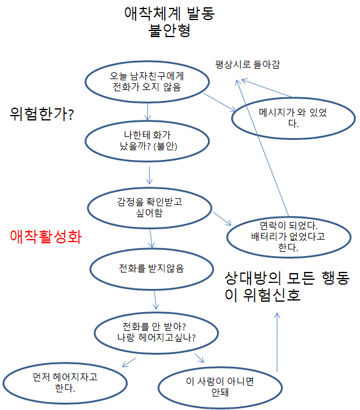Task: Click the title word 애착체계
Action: (x=153, y=13)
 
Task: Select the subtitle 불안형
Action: (x=169, y=30)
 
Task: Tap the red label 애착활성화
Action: (x=46, y=237)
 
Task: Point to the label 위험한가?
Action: (x=42, y=114)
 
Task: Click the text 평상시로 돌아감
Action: (x=247, y=64)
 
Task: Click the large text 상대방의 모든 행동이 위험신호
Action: (x=287, y=286)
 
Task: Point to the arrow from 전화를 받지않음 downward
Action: (x=155, y=300)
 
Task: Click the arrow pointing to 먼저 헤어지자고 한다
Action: (x=129, y=363)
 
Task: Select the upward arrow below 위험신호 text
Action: (x=277, y=342)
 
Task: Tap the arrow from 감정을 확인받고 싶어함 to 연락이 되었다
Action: (x=222, y=218)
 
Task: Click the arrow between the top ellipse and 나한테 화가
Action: (x=147, y=112)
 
